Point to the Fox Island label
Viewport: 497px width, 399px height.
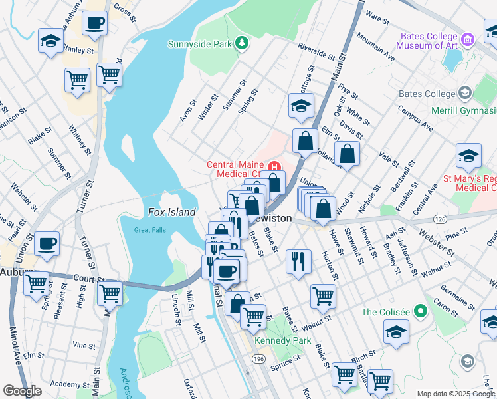click(171, 213)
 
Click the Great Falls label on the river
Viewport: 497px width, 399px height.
click(150, 230)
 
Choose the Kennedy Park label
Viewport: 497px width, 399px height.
click(284, 340)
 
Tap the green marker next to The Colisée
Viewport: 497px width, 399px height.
click(420, 311)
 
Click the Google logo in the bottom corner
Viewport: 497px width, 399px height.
click(22, 391)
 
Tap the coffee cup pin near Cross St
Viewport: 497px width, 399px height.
click(94, 23)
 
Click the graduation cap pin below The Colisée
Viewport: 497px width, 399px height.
click(396, 332)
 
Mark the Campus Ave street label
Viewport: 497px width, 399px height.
click(415, 118)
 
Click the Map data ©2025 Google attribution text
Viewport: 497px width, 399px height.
click(456, 394)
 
